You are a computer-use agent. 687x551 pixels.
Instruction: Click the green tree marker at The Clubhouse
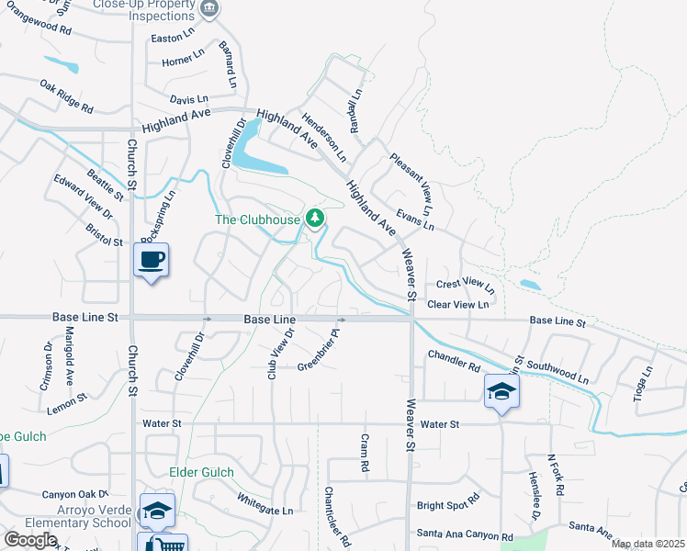pos(315,218)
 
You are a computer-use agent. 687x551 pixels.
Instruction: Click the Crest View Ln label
pos(466,286)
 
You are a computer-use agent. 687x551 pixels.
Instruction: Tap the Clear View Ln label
pos(458,304)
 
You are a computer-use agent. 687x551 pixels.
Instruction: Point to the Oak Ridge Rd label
pos(67,96)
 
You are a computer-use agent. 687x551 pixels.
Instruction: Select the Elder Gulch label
pos(202,472)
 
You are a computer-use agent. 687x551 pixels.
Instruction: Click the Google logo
pos(30,539)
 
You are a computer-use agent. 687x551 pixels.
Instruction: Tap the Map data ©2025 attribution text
pos(648,544)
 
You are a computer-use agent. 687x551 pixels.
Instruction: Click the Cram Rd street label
pos(364,454)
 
